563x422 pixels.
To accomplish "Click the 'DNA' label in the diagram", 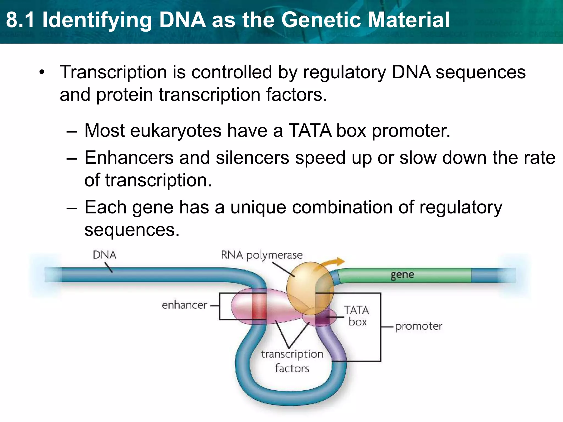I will (x=104, y=255).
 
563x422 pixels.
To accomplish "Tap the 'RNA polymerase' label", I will (x=262, y=255).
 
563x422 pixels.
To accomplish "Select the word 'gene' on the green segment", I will (x=402, y=274).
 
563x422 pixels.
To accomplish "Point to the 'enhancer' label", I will (x=184, y=305).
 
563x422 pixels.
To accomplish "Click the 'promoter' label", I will (x=419, y=326).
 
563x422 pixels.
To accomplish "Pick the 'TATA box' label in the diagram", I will (x=357, y=316).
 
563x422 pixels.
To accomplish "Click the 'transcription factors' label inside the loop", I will (x=292, y=361).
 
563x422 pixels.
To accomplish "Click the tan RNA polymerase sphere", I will (x=305, y=287).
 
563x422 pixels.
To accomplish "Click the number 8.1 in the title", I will (x=21, y=20).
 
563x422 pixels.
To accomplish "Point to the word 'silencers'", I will (x=252, y=158).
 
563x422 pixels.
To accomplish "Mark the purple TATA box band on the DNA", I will (x=322, y=319).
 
